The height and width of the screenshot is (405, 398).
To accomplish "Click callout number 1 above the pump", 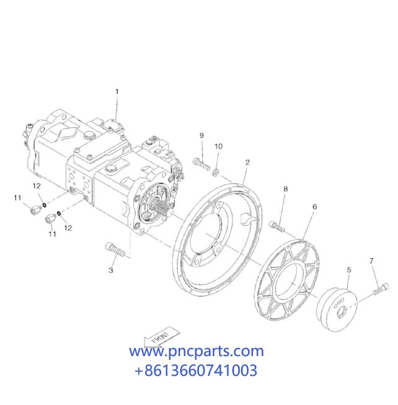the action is click(117, 92).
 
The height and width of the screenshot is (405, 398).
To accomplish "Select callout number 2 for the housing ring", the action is click(247, 162).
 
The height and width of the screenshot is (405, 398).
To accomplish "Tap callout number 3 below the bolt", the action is click(111, 270).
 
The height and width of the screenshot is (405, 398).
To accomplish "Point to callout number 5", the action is click(349, 270).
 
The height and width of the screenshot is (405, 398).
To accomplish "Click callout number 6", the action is click(315, 207).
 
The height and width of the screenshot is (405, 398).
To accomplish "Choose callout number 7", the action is click(371, 261).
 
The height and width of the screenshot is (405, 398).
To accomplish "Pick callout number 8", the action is click(286, 189).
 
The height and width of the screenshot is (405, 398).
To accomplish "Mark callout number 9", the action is click(201, 136).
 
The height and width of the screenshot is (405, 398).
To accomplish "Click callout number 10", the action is click(218, 146).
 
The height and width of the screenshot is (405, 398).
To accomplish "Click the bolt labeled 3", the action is click(115, 250).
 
